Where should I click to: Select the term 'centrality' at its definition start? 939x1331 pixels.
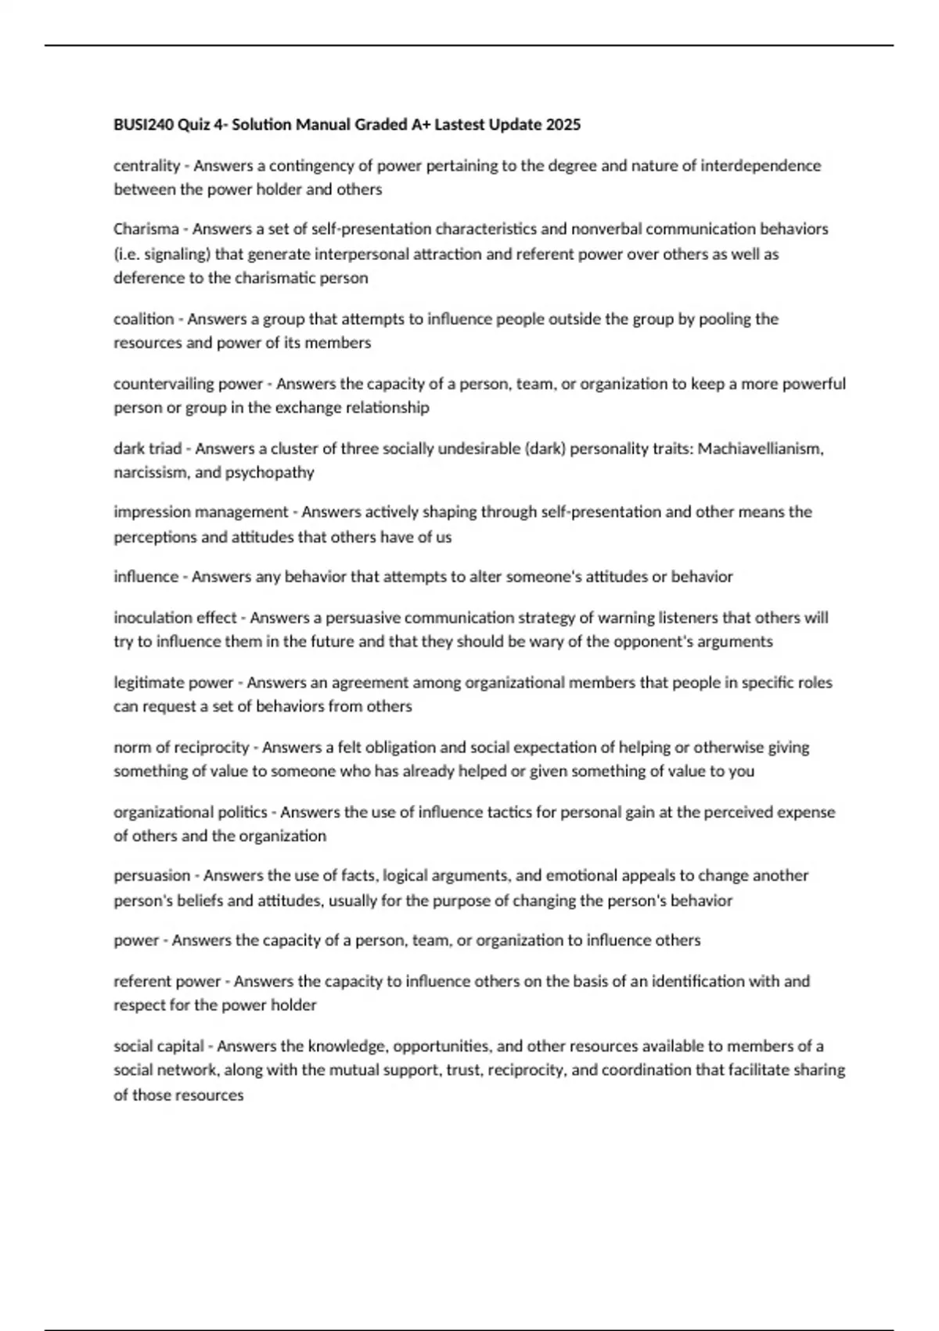[x=147, y=165]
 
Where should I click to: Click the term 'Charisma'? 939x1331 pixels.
[x=146, y=229]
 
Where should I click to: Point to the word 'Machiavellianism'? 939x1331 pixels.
[x=759, y=449]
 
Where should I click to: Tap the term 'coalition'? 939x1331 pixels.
[x=144, y=319]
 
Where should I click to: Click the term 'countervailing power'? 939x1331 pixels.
[x=188, y=384]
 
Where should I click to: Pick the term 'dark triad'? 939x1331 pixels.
[x=148, y=449]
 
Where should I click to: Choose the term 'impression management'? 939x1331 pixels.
[x=201, y=512]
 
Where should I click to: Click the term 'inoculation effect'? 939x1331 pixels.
[x=175, y=618]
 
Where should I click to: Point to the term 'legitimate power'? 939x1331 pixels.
[x=174, y=683]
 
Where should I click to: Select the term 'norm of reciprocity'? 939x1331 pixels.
[x=182, y=747]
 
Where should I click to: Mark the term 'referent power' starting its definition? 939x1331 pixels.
[x=167, y=981]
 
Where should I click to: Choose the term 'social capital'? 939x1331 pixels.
[x=159, y=1046]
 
